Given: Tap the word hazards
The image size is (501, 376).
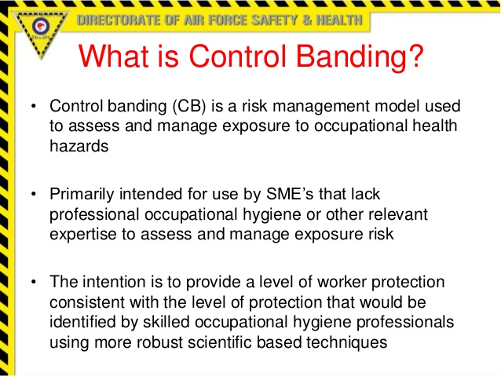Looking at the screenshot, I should point(76,145).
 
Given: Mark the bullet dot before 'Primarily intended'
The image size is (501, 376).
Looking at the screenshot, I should point(33,195).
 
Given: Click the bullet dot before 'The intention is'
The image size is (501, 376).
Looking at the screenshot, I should point(33,283).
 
